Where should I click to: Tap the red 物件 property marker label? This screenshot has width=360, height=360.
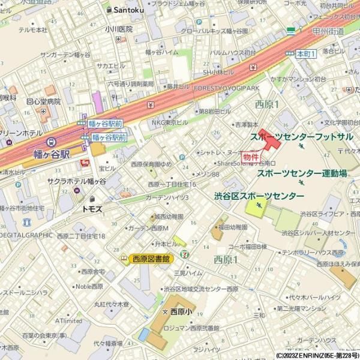[251, 156]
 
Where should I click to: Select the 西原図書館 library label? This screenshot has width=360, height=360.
[151, 259]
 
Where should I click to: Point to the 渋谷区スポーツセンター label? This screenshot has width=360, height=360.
[259, 196]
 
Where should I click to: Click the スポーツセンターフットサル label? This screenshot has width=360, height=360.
[301, 136]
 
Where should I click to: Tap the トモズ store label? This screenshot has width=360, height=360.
[94, 209]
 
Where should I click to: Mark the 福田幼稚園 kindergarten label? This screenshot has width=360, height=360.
[233, 227]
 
